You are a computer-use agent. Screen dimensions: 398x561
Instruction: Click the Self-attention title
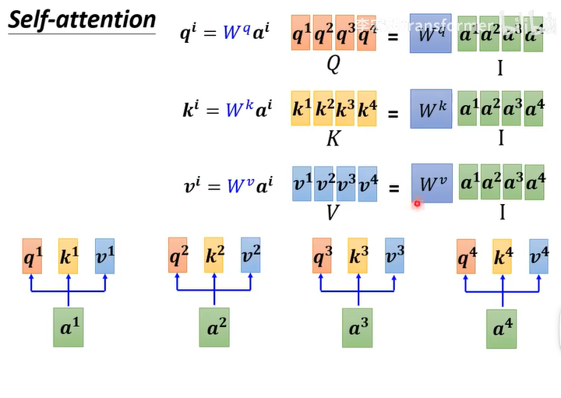point(82,19)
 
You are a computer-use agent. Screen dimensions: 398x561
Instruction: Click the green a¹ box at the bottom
point(69,327)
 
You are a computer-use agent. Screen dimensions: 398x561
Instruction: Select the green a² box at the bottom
point(213,327)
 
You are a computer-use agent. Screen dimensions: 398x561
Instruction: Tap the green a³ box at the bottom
point(358,327)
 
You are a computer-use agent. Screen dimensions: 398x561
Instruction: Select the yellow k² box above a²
point(214,255)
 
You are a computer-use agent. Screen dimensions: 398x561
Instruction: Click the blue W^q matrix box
point(430,34)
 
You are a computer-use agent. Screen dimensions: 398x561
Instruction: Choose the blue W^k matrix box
point(430,110)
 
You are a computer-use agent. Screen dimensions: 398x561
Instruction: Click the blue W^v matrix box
point(430,184)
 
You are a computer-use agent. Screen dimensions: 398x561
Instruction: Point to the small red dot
point(417,204)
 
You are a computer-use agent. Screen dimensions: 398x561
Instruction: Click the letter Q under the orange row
point(333,65)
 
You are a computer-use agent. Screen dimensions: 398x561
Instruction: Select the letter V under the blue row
point(333,213)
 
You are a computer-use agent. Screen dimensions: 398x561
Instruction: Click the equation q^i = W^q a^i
point(227,35)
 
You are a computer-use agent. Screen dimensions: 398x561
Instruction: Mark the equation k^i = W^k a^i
point(227,110)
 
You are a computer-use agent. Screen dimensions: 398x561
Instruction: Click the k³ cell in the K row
point(344,110)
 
